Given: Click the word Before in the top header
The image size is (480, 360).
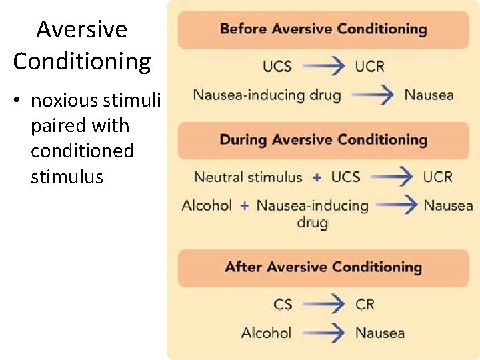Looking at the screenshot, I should tap(243, 29).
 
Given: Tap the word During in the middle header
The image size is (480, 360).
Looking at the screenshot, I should tap(243, 139).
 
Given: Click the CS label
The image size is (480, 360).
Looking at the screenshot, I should tap(283, 304).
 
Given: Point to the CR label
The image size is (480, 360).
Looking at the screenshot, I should tap(365, 304).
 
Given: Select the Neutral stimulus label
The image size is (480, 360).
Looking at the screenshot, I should tap(248, 177).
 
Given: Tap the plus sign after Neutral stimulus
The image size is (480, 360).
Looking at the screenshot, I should tap(317, 177).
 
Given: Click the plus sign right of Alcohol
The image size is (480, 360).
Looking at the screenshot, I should tap(245, 205).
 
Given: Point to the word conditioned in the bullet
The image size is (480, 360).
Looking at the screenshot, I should tap(82, 151).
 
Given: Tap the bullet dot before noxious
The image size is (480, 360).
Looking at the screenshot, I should tap(20, 101).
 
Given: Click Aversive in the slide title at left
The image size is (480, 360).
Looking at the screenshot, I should tap(81, 30).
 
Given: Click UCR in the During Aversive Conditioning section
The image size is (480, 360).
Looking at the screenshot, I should tap(437, 177).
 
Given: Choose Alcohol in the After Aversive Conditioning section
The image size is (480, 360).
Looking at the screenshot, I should tap(267, 332).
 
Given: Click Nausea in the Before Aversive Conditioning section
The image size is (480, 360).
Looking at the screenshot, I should tap(429, 95).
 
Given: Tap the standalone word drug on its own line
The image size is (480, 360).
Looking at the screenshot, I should tap(312, 223).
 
